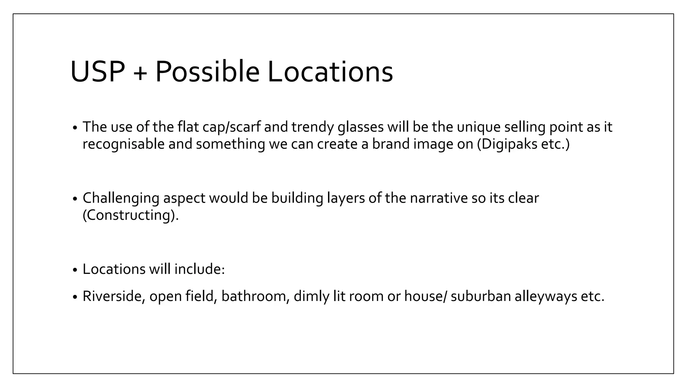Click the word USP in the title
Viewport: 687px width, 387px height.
point(98,72)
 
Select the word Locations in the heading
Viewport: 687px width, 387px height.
point(330,72)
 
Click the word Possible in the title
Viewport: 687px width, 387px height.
point(207,72)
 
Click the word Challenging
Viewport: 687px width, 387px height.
point(121,198)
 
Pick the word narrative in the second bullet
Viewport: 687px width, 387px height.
point(438,198)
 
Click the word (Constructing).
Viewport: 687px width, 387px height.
point(130,215)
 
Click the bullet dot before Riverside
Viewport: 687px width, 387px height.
point(75,297)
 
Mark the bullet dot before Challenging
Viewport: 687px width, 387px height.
point(75,199)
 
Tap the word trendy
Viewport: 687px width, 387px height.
point(312,127)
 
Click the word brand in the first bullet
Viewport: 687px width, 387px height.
point(390,144)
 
